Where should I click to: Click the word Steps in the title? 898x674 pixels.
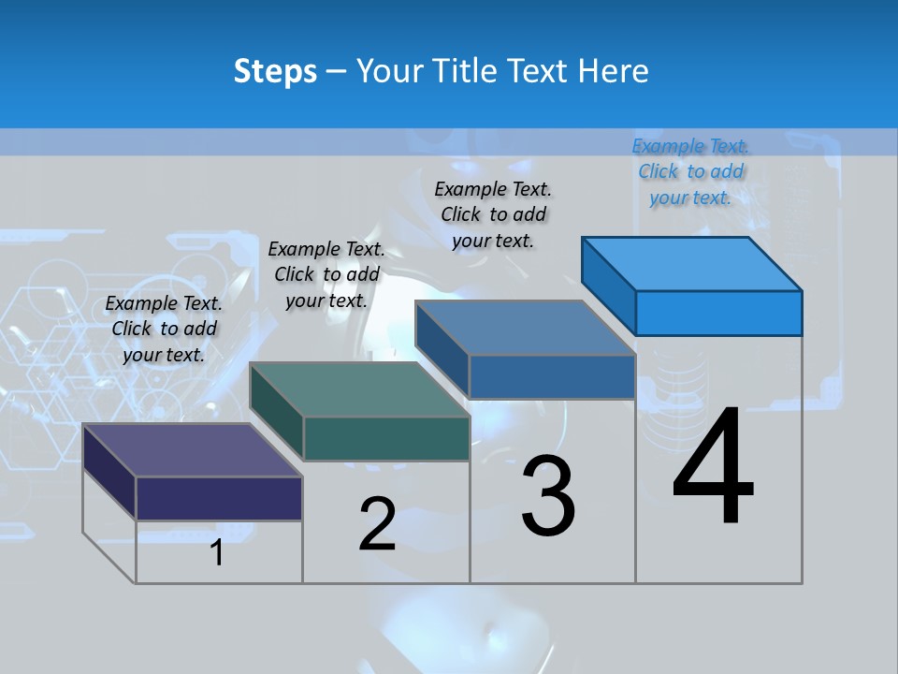tap(275, 71)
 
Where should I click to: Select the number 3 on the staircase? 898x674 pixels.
tap(548, 496)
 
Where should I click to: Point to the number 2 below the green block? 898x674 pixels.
tap(377, 524)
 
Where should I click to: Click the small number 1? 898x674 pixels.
tap(217, 552)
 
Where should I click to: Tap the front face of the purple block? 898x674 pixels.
tap(219, 498)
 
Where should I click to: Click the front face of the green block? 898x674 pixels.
tap(386, 438)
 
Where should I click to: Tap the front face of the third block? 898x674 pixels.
tap(552, 376)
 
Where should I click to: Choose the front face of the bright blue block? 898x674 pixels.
tap(718, 313)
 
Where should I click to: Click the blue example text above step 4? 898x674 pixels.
tap(690, 172)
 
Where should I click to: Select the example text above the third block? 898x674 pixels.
tap(493, 214)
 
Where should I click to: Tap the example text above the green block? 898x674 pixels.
tap(326, 274)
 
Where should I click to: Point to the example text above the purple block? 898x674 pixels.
tap(164, 329)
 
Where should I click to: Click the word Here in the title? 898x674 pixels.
tap(613, 71)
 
